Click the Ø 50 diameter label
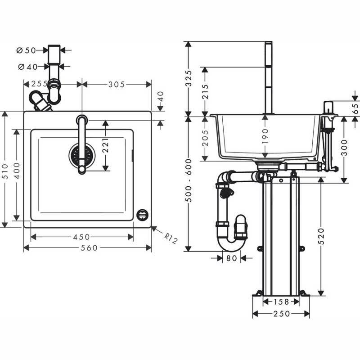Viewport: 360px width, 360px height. pos(26,50)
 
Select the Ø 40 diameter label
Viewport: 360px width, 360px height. pos(27,67)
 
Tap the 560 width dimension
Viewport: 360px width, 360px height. pos(89,248)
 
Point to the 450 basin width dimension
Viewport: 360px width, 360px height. pos(81,237)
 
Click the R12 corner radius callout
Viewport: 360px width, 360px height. pos(171,238)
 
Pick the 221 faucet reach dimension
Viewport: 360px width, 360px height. pos(105,145)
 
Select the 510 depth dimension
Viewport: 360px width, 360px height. pos(5,171)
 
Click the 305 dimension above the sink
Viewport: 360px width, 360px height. pos(117,84)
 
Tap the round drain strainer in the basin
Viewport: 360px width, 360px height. pos(82,154)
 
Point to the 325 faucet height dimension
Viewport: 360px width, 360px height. pos(188,78)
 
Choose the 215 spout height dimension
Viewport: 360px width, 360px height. pos(205,92)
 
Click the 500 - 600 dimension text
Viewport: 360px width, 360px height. pos(189,180)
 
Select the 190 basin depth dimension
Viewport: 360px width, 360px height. pos(265,136)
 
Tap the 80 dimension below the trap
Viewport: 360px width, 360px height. pos(231,258)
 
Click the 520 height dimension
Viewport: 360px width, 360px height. pos(321,236)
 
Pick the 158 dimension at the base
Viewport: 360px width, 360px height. pos(281,301)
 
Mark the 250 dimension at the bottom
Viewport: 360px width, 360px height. pos(282,314)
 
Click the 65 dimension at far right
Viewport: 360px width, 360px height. pos(355,108)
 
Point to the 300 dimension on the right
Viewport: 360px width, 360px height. pos(344,148)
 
